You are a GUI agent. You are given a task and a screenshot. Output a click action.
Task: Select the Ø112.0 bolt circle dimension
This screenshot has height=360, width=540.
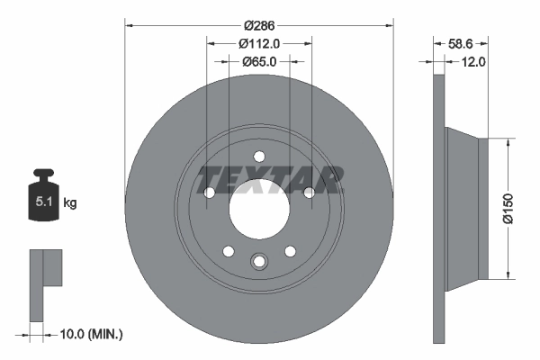click(259, 42)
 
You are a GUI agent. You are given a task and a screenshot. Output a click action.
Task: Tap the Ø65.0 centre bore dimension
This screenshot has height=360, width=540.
click(259, 61)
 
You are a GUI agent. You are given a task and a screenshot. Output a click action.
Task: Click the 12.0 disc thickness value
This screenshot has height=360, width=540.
click(473, 61)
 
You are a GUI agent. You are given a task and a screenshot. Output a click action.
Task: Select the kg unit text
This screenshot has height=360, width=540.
click(69, 203)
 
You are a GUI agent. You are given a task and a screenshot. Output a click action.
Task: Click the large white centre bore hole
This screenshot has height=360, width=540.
click(258, 213)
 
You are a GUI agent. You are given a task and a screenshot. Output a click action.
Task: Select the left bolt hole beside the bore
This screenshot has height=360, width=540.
click(210, 193)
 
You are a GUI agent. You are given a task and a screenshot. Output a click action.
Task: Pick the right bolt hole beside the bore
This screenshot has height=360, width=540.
click(309, 193)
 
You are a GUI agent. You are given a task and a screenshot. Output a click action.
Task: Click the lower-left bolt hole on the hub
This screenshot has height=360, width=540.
click(229, 250)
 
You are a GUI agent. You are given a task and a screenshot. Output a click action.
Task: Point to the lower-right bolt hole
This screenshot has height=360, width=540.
click(290, 250)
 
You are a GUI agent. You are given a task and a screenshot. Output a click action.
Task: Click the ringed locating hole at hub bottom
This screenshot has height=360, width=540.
click(259, 262)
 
